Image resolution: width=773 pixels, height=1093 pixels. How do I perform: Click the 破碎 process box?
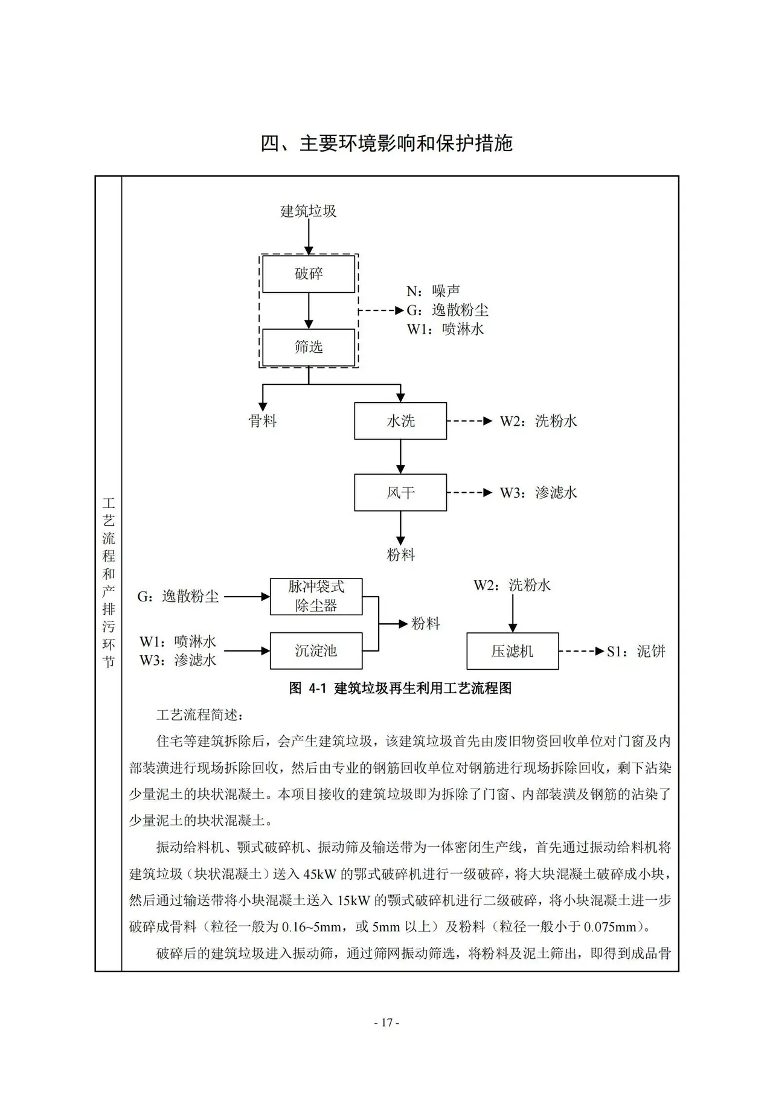309,274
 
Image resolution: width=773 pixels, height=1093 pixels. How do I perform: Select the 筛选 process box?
309,347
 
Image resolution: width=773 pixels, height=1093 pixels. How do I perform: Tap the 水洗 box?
400,421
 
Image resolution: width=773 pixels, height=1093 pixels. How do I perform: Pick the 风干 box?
400,493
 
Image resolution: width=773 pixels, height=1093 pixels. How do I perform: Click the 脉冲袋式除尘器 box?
316,597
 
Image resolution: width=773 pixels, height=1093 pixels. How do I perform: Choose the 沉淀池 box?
316,651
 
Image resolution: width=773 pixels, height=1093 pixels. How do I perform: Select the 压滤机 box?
513,651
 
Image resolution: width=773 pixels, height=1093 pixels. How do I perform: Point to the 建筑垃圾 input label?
309,211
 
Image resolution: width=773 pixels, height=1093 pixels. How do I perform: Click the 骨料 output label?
263,421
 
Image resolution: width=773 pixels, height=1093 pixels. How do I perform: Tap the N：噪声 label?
434,291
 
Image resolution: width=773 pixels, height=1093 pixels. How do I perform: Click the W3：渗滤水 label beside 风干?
539,493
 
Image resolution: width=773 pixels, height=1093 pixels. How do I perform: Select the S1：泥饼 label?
637,652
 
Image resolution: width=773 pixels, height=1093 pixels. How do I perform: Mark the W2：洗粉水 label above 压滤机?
512,585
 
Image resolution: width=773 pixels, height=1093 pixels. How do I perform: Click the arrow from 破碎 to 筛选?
309,311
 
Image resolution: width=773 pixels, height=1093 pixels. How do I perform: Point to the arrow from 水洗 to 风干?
400,457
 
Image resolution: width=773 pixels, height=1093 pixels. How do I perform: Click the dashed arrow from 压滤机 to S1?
582,651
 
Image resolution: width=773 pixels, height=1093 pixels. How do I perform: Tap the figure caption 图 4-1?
400,688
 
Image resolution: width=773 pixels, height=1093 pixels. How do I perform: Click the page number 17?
387,1022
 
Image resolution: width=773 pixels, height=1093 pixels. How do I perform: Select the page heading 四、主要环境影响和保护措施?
386,144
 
